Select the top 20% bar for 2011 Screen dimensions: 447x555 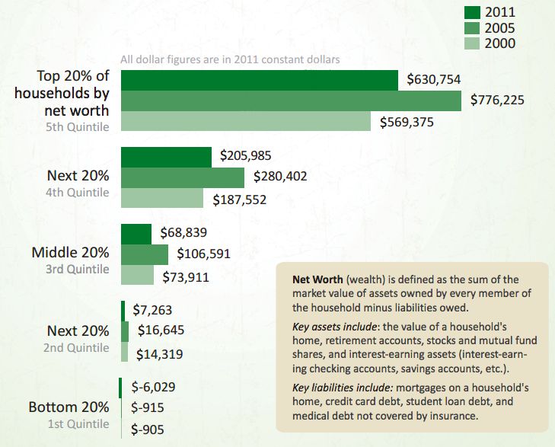tap(259, 81)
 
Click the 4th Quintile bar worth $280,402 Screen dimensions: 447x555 tap(182, 177)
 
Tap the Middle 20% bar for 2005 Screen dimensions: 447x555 tap(144, 254)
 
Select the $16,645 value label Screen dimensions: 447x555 tap(161, 331)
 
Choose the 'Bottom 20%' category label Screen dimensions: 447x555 tap(69, 407)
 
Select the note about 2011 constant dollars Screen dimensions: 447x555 tap(230, 59)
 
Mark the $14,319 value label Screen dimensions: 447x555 tap(159, 354)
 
